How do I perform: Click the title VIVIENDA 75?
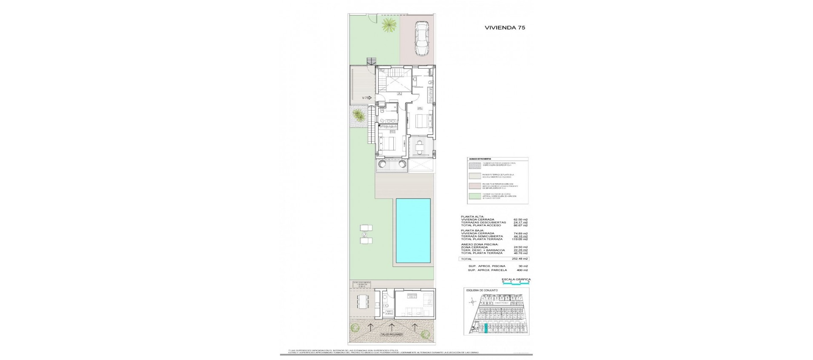tap(505, 27)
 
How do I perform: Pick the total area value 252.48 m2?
tap(520, 259)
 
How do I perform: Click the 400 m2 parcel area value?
tap(522, 270)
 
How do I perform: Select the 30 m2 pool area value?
tap(523, 266)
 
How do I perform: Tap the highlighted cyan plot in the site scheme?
tap(487, 329)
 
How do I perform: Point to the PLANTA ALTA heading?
tap(472, 216)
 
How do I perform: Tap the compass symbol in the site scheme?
tap(472, 302)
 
